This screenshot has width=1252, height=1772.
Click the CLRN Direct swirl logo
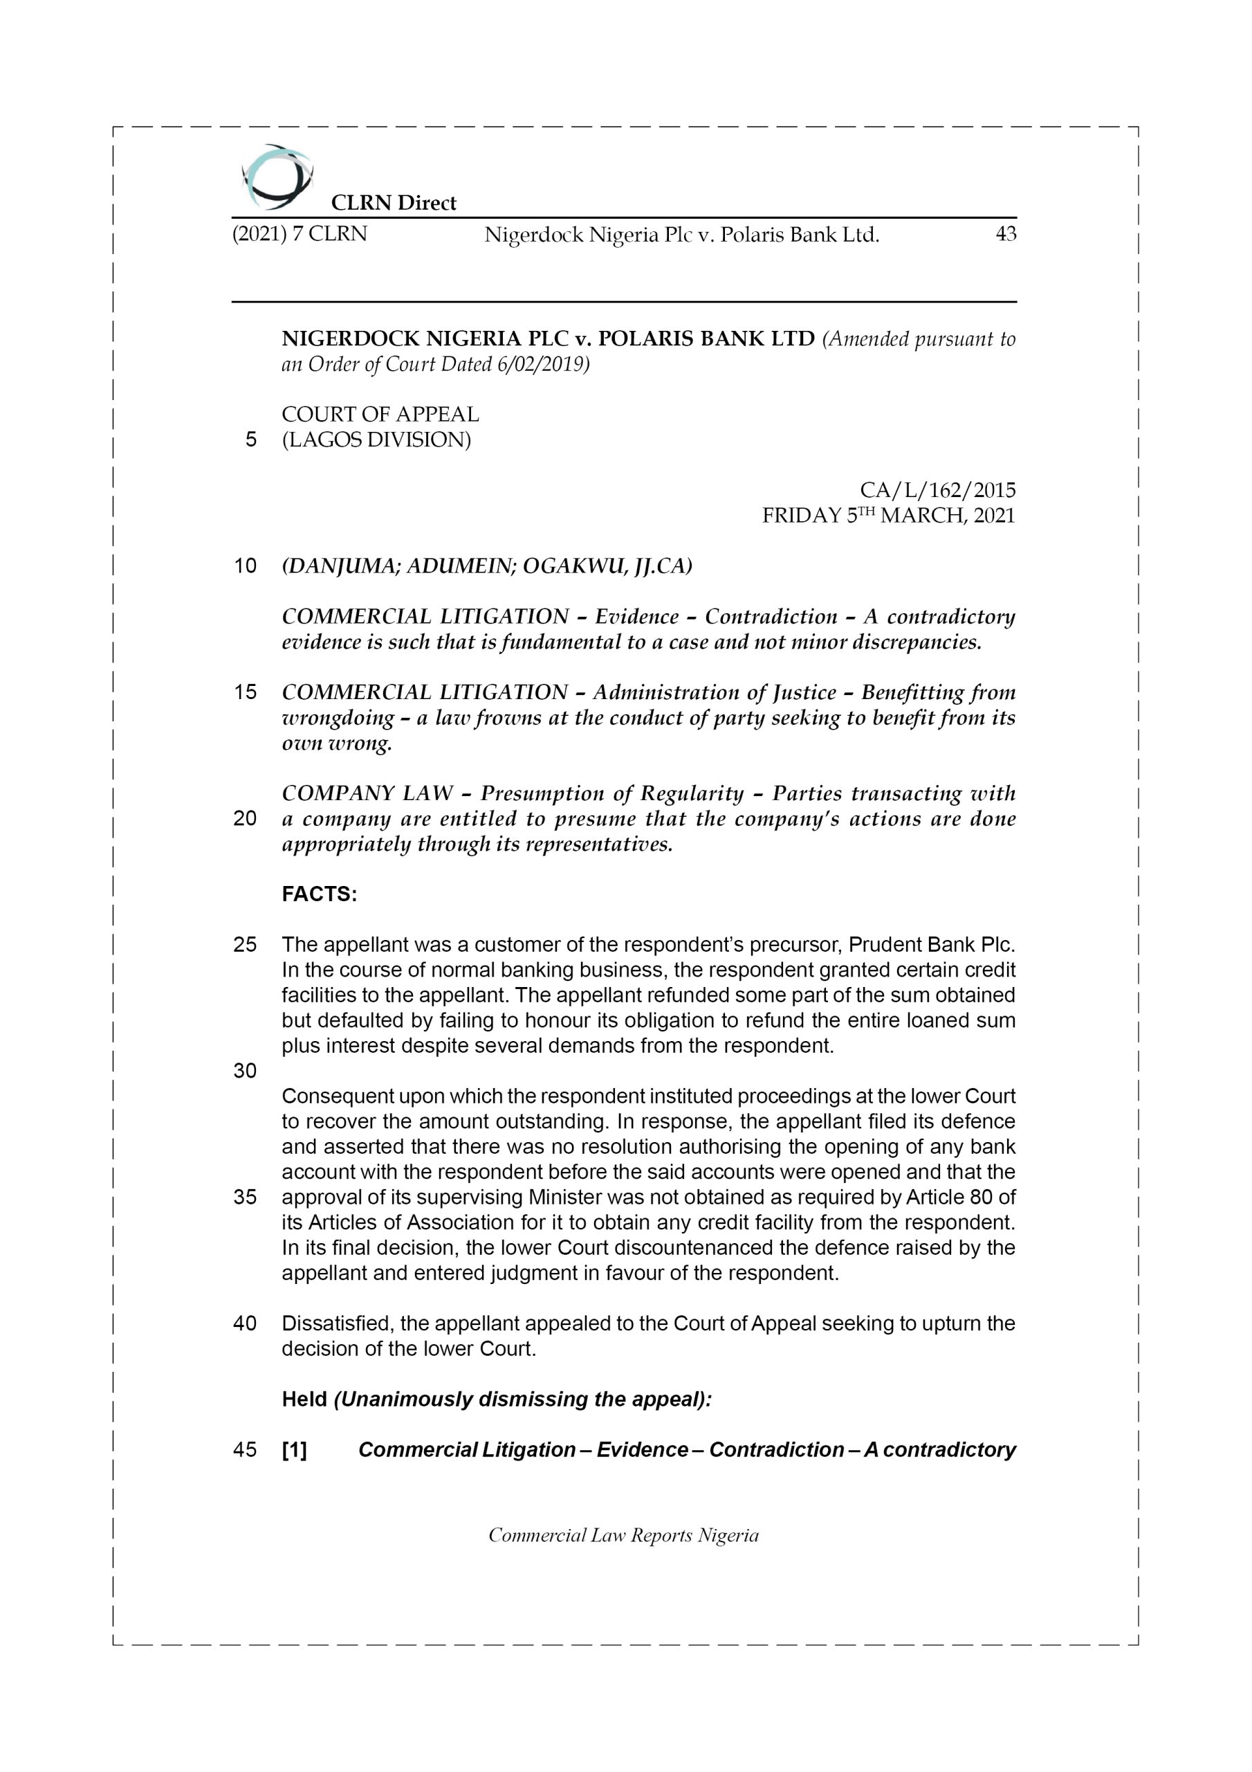click(277, 177)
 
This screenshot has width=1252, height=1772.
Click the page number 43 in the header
click(1005, 234)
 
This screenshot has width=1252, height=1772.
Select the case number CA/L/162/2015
click(937, 490)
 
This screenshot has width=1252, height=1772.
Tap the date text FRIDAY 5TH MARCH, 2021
click(888, 516)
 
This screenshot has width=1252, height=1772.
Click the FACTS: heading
click(320, 894)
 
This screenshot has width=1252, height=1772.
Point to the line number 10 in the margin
click(245, 566)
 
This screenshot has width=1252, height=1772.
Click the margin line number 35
click(245, 1197)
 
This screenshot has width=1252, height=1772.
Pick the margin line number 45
click(245, 1449)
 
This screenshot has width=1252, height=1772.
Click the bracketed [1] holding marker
click(294, 1450)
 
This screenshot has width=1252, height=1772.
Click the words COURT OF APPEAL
click(380, 415)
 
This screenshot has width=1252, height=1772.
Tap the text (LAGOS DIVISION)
click(376, 440)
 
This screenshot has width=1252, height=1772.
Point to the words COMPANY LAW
click(367, 793)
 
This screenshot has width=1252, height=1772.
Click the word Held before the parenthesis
click(304, 1399)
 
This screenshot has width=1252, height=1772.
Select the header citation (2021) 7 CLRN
click(300, 234)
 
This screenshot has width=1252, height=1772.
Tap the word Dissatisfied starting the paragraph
click(338, 1323)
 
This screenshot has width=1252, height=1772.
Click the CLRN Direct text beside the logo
click(394, 203)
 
